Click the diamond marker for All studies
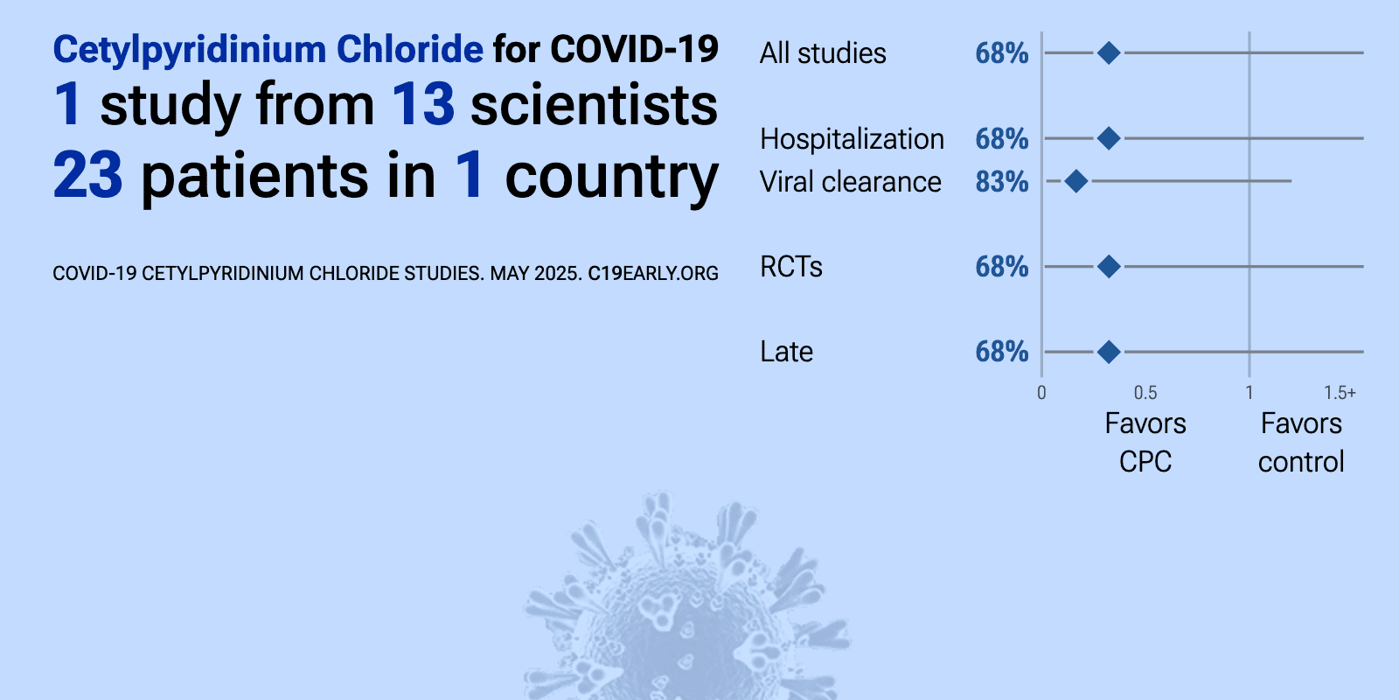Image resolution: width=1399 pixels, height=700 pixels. pos(1109,53)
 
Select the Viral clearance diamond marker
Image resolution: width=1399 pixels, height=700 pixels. pos(1076,181)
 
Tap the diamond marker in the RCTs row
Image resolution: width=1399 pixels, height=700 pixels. pos(1109,266)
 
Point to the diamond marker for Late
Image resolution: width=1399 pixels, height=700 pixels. pos(1109,352)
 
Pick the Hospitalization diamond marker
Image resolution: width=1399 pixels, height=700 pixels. pos(1109,138)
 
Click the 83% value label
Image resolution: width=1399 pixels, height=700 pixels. pos(1002,182)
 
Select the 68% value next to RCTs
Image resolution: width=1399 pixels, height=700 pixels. pos(1002,267)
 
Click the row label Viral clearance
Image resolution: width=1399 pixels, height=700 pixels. pos(850,182)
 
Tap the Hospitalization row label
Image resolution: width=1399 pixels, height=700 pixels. pos(852,139)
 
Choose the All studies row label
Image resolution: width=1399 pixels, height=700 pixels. pos(823,53)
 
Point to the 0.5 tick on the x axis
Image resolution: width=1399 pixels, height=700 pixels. pos(1145,393)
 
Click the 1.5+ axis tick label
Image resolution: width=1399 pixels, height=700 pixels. pos(1340,393)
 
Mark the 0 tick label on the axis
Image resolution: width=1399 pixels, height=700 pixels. pos(1041,393)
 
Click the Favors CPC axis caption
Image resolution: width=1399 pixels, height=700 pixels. pos(1145,443)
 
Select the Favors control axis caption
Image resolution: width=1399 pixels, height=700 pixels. pos(1301,443)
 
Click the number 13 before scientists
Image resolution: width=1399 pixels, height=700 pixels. pos(423,104)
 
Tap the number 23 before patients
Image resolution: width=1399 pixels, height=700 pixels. pos(87,176)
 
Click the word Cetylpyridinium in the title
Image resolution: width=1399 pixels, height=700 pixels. pos(189,50)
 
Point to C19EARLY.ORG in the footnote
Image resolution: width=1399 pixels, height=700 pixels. pos(653,274)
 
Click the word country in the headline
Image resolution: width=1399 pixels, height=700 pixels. pos(611,178)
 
